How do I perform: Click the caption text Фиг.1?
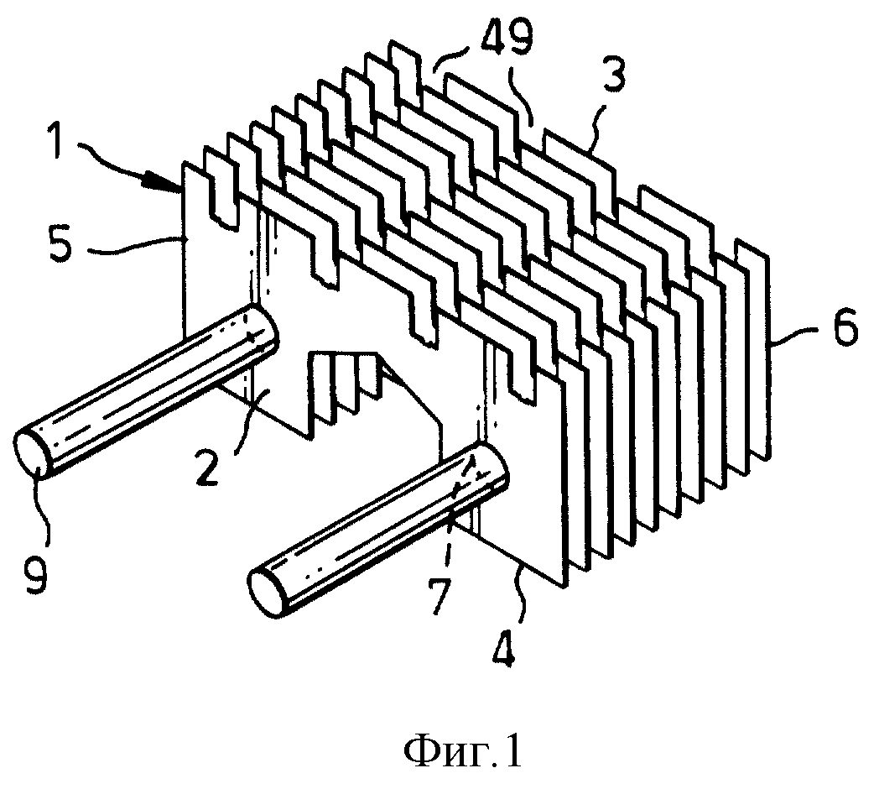tap(464, 753)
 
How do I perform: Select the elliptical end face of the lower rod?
tap(267, 593)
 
